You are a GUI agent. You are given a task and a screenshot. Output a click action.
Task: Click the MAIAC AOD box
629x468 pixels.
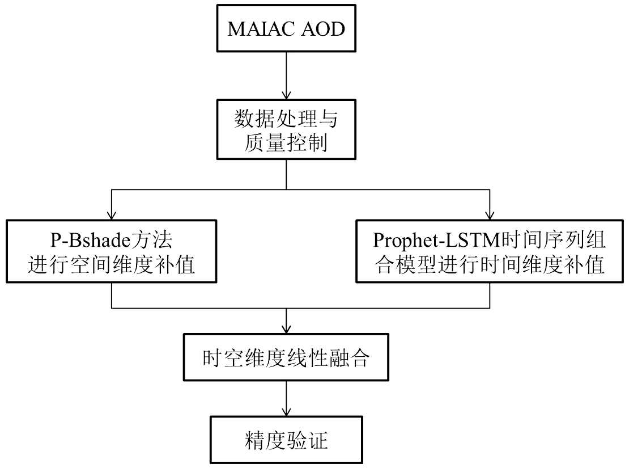pyautogui.click(x=286, y=28)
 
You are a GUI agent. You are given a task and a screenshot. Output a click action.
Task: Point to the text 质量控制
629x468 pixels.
pyautogui.click(x=286, y=144)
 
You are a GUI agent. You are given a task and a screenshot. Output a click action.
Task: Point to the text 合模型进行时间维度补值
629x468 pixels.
pyautogui.click(x=490, y=265)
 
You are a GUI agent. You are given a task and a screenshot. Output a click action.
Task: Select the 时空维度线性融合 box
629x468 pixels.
pyautogui.click(x=286, y=358)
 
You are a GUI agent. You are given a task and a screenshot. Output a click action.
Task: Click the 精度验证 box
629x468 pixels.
pyautogui.click(x=286, y=441)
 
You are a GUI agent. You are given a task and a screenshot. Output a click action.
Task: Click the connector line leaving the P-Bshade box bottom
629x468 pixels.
pyautogui.click(x=112, y=296)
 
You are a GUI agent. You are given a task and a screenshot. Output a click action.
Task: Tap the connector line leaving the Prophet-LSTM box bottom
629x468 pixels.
pyautogui.click(x=490, y=296)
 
